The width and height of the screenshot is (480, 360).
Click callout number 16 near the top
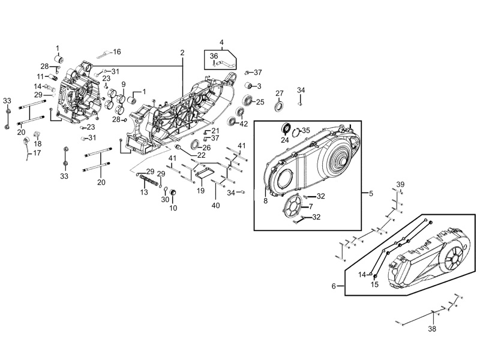pyautogui.click(x=117, y=52)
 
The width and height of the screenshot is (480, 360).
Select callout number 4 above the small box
pyautogui.click(x=221, y=42)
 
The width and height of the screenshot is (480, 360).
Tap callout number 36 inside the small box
pyautogui.click(x=214, y=56)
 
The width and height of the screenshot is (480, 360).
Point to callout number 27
pyautogui.click(x=280, y=94)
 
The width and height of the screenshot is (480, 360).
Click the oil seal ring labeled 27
pyautogui.click(x=279, y=106)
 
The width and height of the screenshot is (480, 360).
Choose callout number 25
pyautogui.click(x=260, y=102)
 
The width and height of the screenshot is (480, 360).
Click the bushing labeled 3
pyautogui.click(x=250, y=85)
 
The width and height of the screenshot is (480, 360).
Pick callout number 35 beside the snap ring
pyautogui.click(x=306, y=130)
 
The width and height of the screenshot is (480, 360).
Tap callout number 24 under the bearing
pyautogui.click(x=285, y=140)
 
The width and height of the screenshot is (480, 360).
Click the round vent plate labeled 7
pyautogui.click(x=292, y=206)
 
